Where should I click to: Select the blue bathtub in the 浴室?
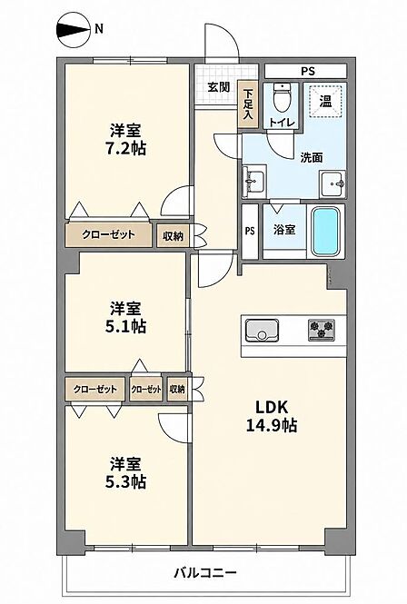tap(326, 232)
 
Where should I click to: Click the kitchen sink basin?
tap(262, 330)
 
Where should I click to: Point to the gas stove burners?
tap(322, 330)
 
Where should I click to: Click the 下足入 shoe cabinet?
tap(248, 104)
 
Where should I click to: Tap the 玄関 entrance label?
tap(219, 87)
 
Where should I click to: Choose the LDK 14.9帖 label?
tap(272, 416)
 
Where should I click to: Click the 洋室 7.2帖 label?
tap(125, 139)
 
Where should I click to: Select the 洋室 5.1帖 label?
tap(125, 317)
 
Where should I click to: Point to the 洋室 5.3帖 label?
tap(125, 472)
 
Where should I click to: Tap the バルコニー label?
tap(204, 572)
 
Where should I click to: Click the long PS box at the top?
tap(305, 71)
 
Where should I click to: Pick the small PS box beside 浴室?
tap(250, 232)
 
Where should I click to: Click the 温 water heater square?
tap(326, 101)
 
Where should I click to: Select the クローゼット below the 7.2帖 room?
tap(108, 234)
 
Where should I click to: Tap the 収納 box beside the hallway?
tap(173, 236)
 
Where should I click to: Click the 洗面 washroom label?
tap(312, 157)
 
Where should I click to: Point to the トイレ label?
tap(283, 123)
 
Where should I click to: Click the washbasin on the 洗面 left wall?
tap(253, 181)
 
